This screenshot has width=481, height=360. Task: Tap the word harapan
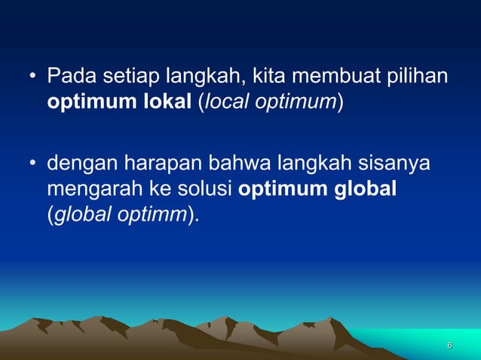pos(154,163)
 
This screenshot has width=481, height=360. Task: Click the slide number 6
pos(449,345)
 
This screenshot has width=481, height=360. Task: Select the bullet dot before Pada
pos(32,78)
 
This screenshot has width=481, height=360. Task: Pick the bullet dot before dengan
pos(32,163)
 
